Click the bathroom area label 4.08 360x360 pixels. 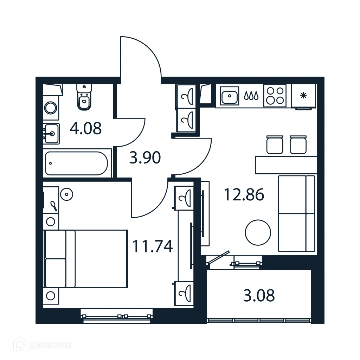pyautogui.click(x=86, y=129)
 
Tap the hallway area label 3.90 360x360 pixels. pyautogui.click(x=145, y=158)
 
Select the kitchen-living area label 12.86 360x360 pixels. pyautogui.click(x=244, y=194)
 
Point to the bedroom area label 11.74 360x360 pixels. pyautogui.click(x=152, y=246)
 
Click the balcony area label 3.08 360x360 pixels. pyautogui.click(x=259, y=296)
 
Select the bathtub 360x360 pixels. pyautogui.click(x=77, y=163)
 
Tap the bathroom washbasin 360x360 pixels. pyautogui.click(x=51, y=133)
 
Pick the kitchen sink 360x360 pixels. pyautogui.click(x=230, y=95)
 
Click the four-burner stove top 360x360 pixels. pyautogui.click(x=275, y=95)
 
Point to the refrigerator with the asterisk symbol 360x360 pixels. pyautogui.click(x=303, y=96)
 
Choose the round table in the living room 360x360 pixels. pyautogui.click(x=258, y=232)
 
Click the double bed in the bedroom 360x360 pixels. pyautogui.click(x=85, y=258)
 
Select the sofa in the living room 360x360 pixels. pyautogui.click(x=296, y=214)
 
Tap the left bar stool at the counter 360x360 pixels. pyautogui.click(x=275, y=144)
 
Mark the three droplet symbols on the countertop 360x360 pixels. pyautogui.click(x=252, y=95)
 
